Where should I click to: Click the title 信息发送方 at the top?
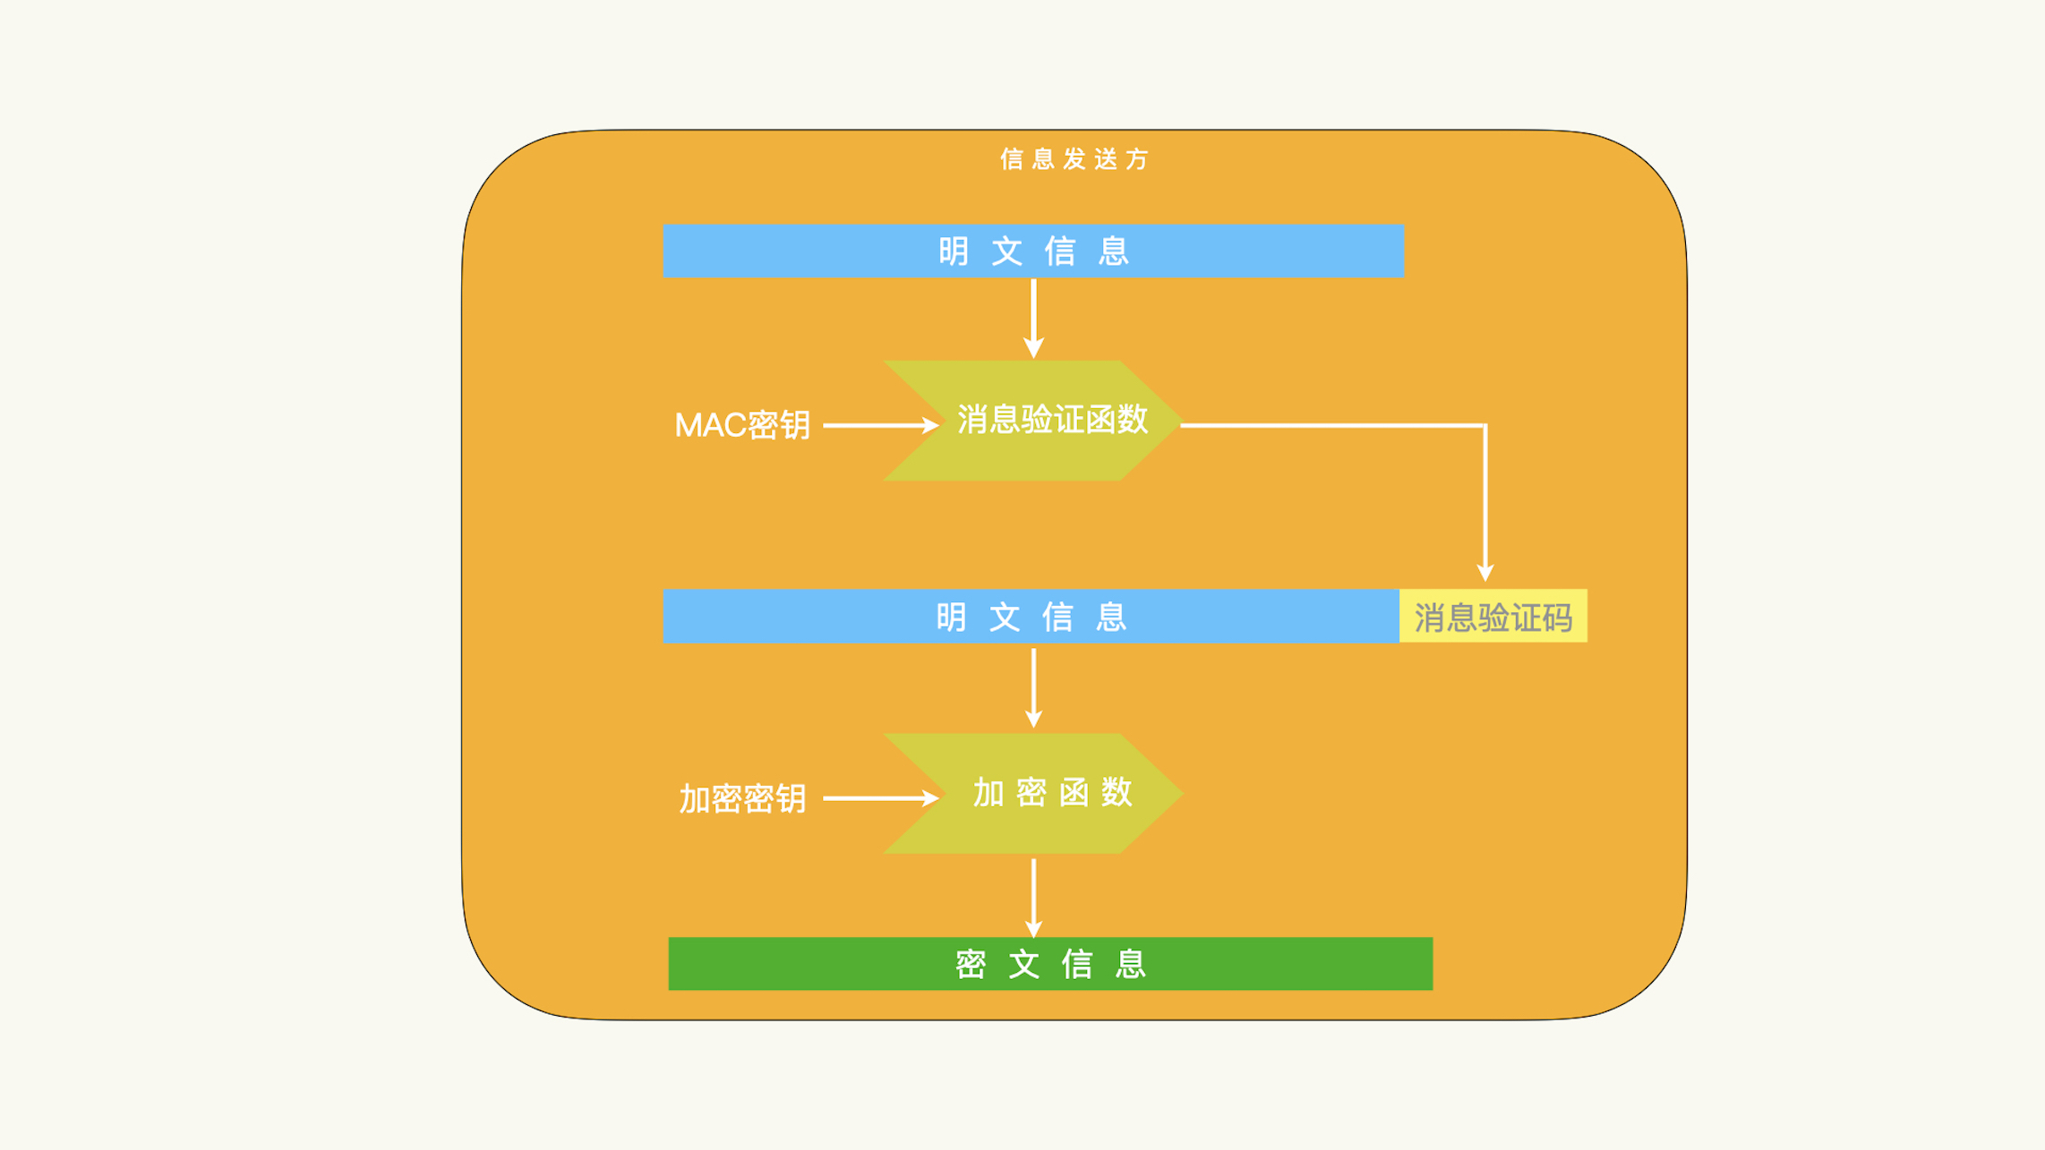coord(1074,159)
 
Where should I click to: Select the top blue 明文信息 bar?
coord(1033,251)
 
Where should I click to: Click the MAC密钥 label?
coord(742,425)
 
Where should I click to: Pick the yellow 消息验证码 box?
coord(1493,617)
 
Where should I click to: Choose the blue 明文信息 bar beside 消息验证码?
coord(1031,617)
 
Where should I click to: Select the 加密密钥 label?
coord(742,798)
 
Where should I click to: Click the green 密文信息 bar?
coord(1050,964)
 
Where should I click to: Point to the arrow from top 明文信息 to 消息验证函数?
coord(1033,318)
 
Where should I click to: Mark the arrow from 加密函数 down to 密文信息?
coord(1033,896)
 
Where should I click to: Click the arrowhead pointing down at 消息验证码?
coord(1485,573)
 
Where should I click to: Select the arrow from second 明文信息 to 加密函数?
coord(1033,686)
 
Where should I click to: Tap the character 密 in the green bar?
coord(971,965)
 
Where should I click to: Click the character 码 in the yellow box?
coord(1556,618)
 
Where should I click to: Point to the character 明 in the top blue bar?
coord(954,251)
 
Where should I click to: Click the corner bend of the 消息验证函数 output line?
coord(1485,426)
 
